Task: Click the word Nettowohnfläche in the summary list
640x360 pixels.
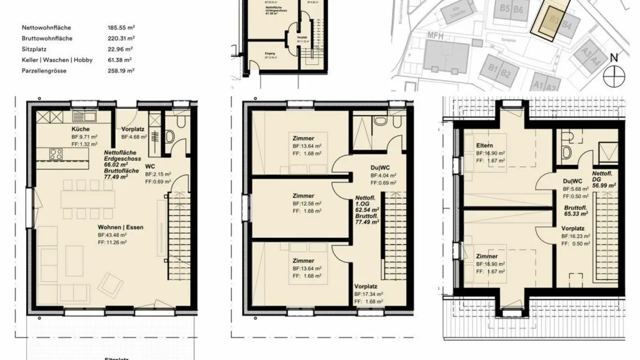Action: coord(46,28)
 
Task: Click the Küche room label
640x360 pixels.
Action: coord(80,129)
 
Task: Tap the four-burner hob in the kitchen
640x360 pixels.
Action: coord(56,154)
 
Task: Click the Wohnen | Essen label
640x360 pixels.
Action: coord(120,227)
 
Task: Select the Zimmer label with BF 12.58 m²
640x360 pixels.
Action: coord(303,196)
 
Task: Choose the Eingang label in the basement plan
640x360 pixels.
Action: coord(269,53)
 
